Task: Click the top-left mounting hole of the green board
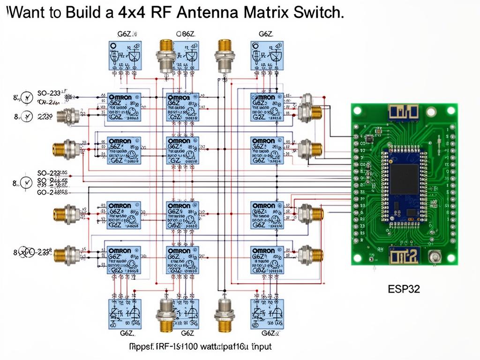[x=357, y=111]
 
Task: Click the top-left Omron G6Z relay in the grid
[x=124, y=107]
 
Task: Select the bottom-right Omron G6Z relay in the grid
[x=267, y=260]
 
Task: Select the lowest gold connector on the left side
[x=66, y=255]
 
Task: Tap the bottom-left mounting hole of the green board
[x=358, y=258]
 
